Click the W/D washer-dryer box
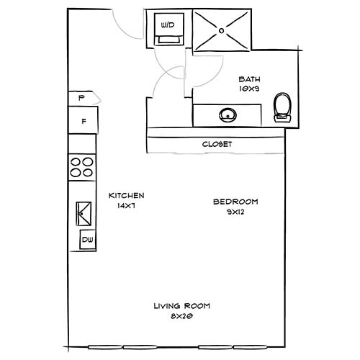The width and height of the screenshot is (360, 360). [168, 30]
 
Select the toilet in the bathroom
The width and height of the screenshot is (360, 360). [283, 108]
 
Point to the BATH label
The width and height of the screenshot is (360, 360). [249, 79]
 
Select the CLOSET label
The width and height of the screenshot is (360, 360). [217, 144]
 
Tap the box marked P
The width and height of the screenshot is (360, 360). [82, 97]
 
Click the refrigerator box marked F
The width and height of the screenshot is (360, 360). [84, 120]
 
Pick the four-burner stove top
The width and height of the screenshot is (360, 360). [83, 167]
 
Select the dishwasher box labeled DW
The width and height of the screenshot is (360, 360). [86, 240]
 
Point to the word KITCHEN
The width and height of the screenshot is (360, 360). [127, 195]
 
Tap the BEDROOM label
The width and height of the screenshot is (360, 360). [235, 202]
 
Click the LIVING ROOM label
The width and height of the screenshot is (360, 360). [181, 306]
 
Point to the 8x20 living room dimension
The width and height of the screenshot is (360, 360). [181, 315]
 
